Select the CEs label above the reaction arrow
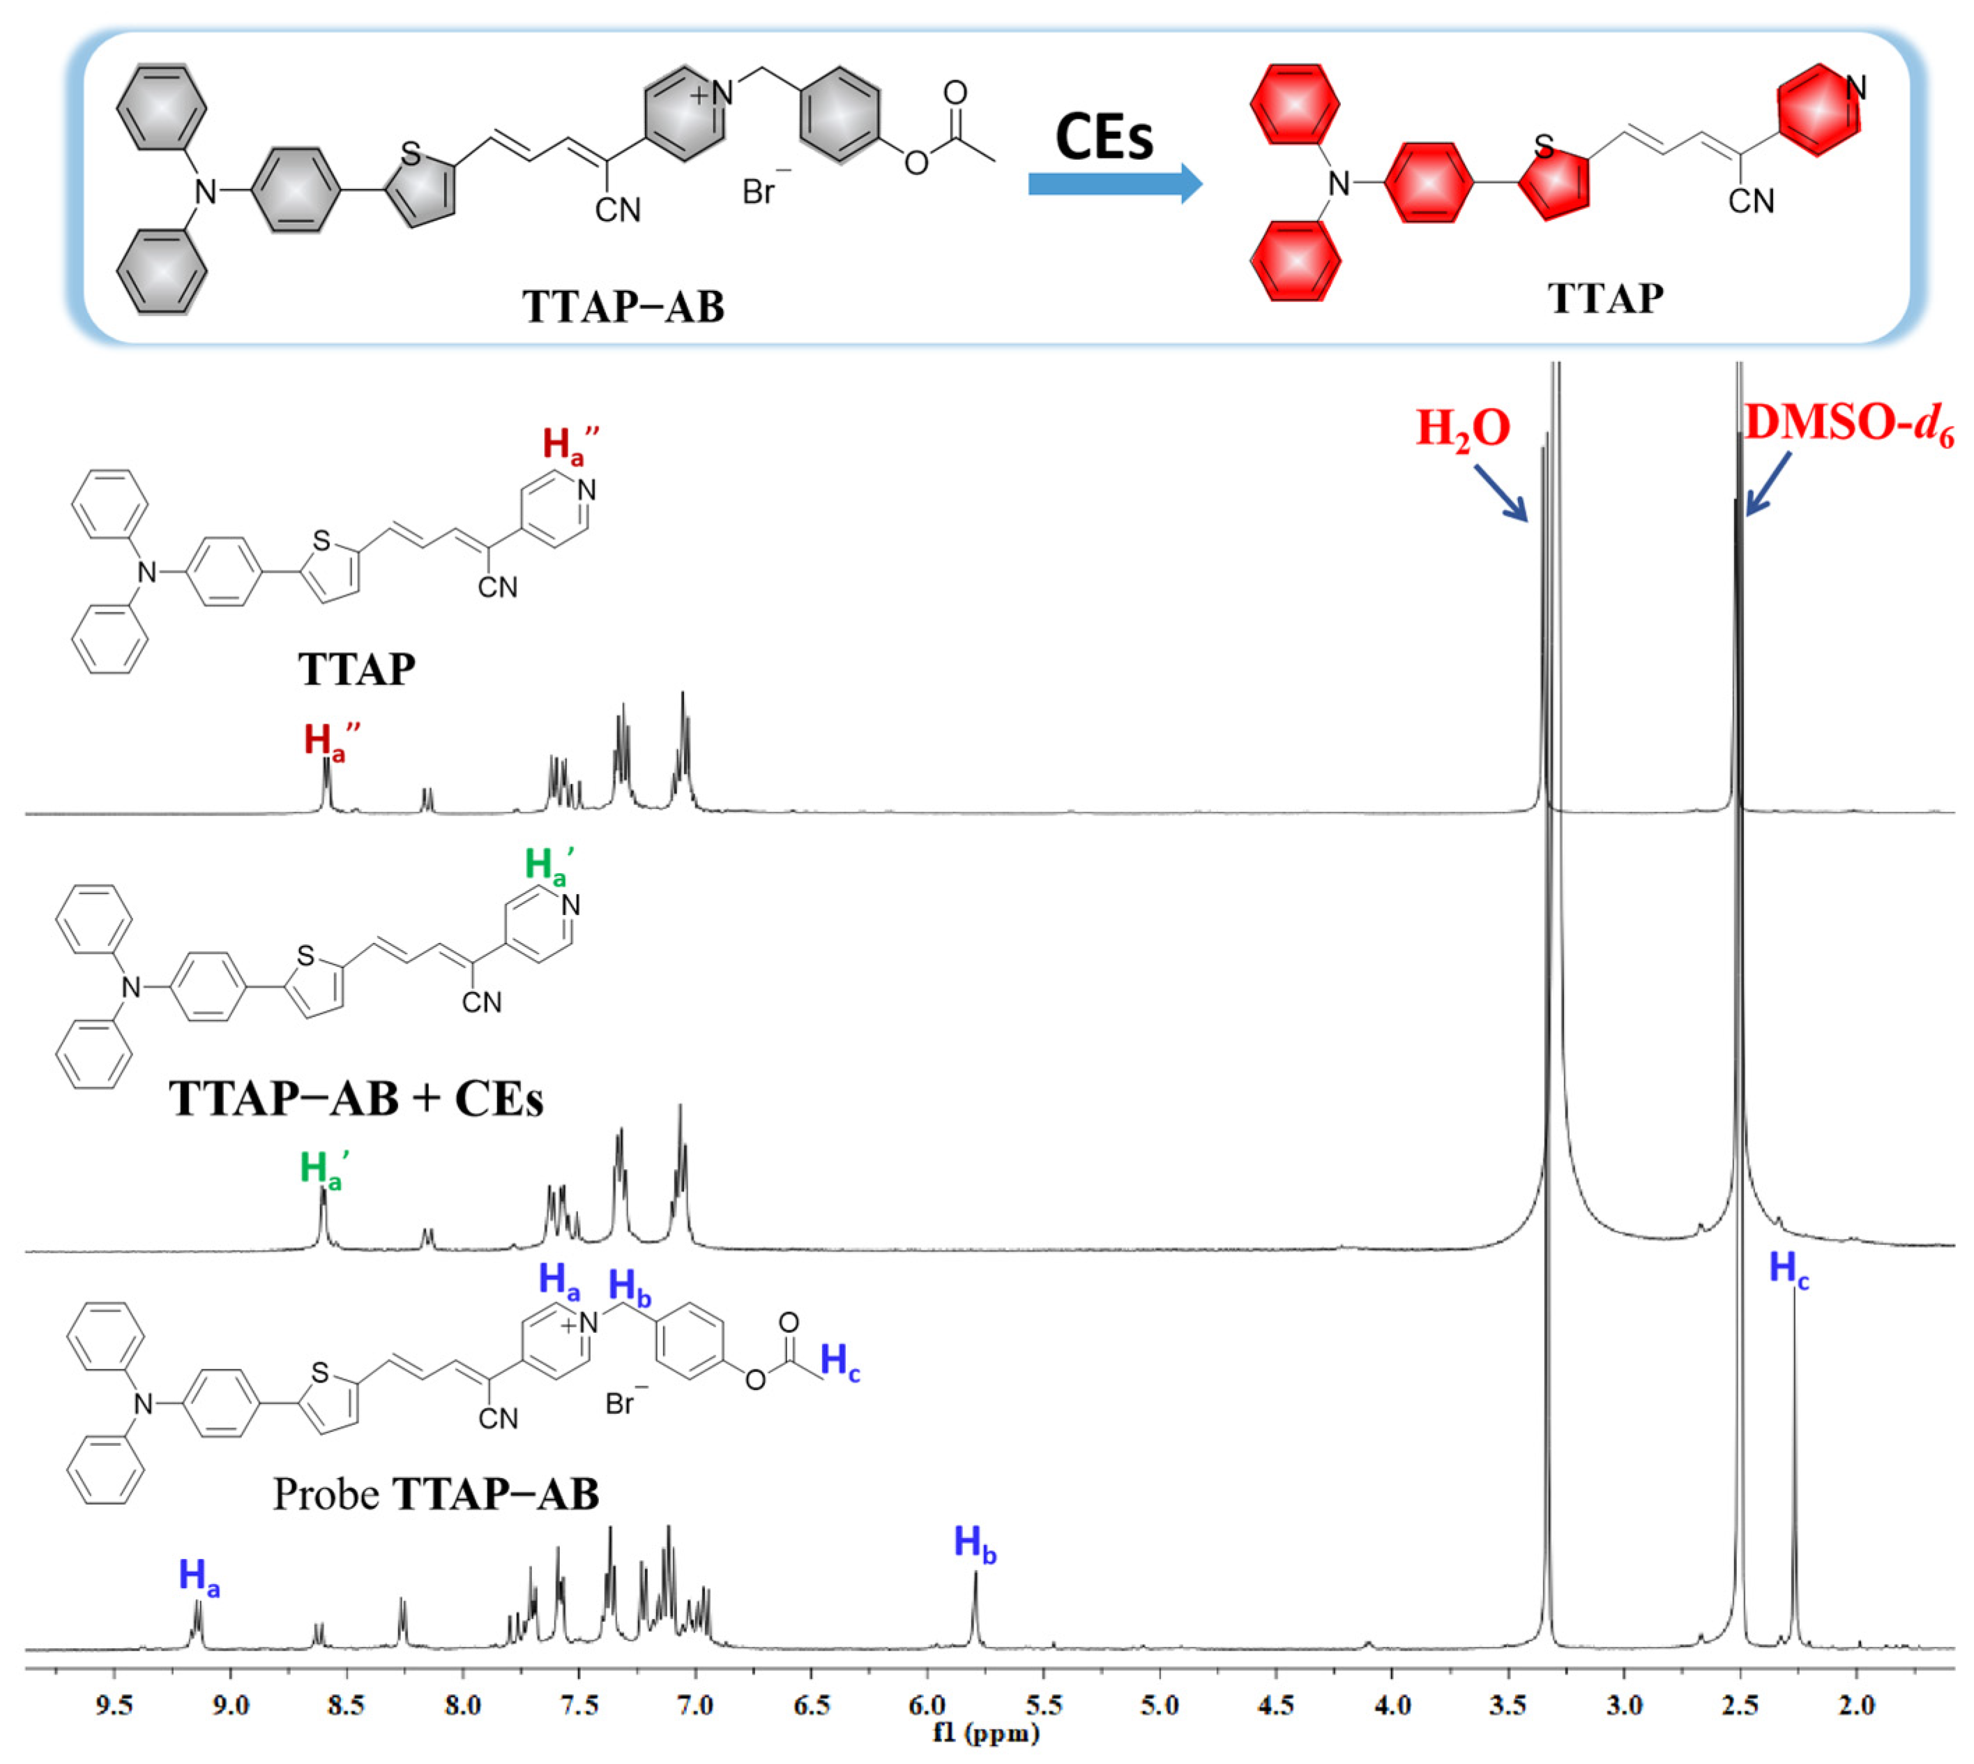1104,137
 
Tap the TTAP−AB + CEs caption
356,1098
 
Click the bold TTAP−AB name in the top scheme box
623,306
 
